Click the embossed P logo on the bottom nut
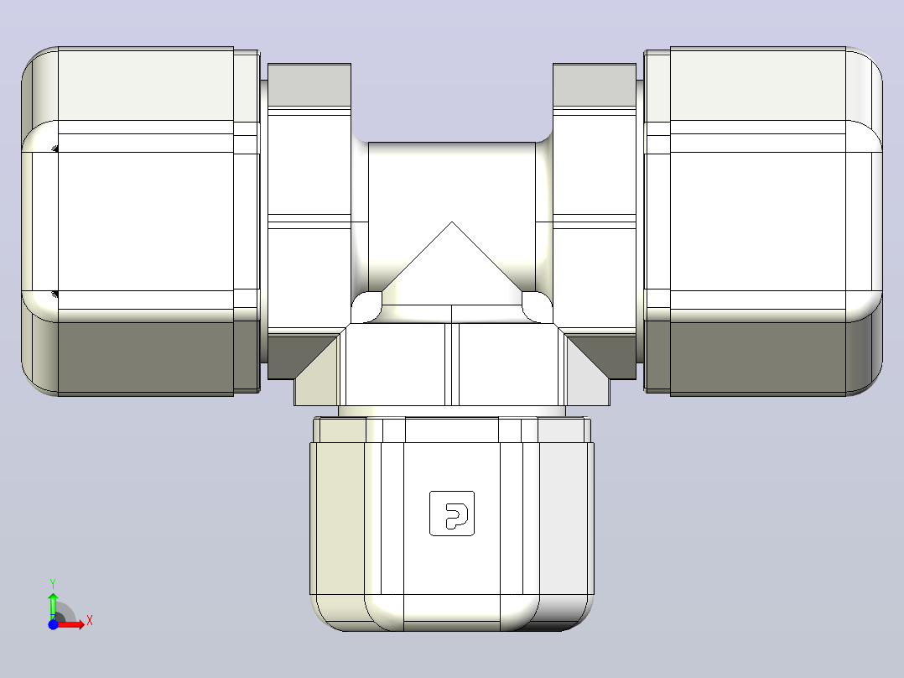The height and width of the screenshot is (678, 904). (x=452, y=514)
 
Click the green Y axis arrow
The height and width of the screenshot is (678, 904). (x=53, y=605)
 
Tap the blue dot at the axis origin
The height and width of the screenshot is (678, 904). (x=53, y=624)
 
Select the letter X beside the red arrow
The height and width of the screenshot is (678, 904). (x=90, y=621)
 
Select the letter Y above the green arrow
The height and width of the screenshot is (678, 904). (x=53, y=584)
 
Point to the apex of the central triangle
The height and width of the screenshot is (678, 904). (x=452, y=222)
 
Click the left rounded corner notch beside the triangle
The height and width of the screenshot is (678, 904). (x=366, y=307)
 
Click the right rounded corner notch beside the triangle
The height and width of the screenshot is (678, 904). (x=538, y=307)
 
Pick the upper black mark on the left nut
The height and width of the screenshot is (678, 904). (x=55, y=149)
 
